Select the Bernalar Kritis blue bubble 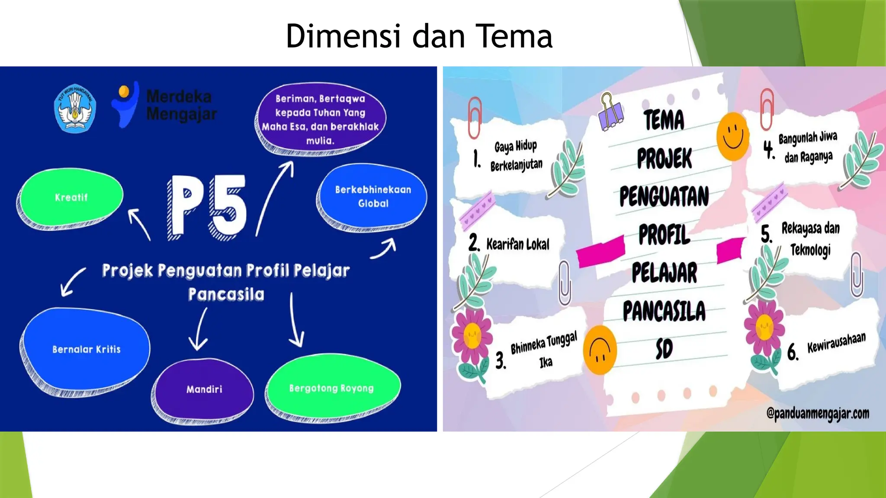coord(86,349)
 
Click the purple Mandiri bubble coord(204,389)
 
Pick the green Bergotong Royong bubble coord(331,388)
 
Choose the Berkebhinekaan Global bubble coord(373,196)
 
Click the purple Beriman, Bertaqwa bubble coord(320,119)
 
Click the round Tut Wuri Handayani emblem coord(75,108)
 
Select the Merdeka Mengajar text coord(180,105)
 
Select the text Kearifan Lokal coord(517,245)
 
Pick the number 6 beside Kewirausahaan coord(792,352)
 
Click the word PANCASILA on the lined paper coord(664,311)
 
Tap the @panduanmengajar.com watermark coord(817,414)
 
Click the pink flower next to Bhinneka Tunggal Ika coord(471,336)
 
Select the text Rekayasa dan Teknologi coord(810,239)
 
